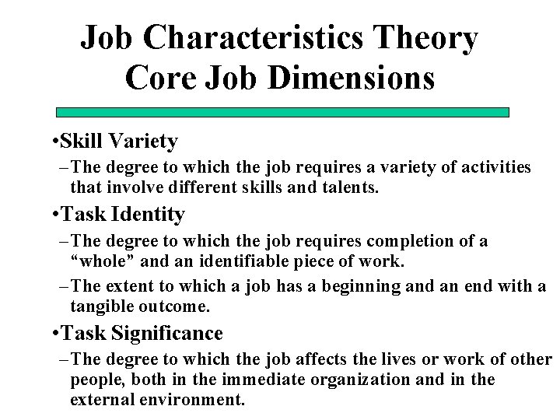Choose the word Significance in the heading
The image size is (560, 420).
click(x=167, y=334)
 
